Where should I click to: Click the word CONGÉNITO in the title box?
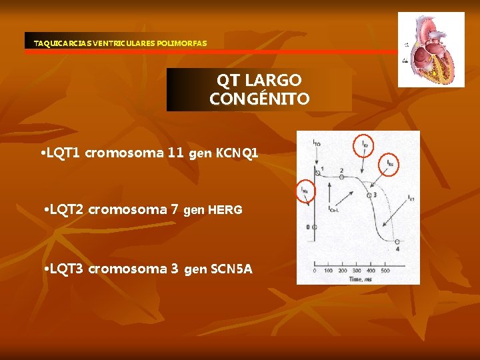click(259, 99)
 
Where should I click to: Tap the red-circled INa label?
click(305, 191)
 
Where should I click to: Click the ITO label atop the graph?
click(316, 143)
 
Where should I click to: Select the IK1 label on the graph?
click(411, 198)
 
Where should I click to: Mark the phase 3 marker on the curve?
click(374, 195)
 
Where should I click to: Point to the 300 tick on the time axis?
click(358, 271)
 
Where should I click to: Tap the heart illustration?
click(431, 49)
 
